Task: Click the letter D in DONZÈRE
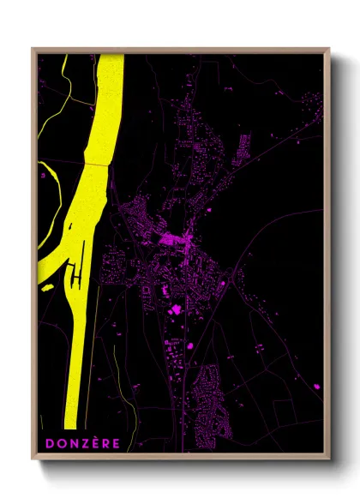(x=51, y=443)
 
